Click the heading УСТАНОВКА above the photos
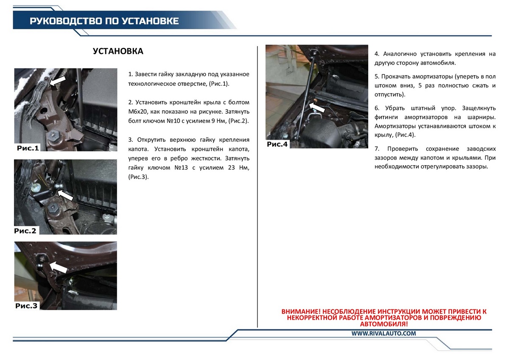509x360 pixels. point(118,51)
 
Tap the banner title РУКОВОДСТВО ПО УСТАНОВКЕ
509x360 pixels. point(104,21)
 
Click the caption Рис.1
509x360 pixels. point(28,148)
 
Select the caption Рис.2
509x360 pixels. point(25,231)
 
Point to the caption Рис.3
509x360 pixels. point(26,306)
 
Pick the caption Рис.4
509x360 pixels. point(277,144)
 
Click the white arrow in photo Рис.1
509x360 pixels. point(58,81)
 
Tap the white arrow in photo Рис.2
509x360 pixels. point(65,195)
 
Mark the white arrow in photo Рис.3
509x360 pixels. point(58,267)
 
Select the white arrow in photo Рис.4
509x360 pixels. point(317,107)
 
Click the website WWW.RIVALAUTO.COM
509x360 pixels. point(383,334)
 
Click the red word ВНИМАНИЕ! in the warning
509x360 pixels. point(301,311)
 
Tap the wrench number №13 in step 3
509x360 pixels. point(181,168)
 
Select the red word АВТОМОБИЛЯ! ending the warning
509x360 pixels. point(384,324)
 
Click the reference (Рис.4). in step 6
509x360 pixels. point(405,135)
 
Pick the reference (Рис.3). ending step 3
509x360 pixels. point(138,177)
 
